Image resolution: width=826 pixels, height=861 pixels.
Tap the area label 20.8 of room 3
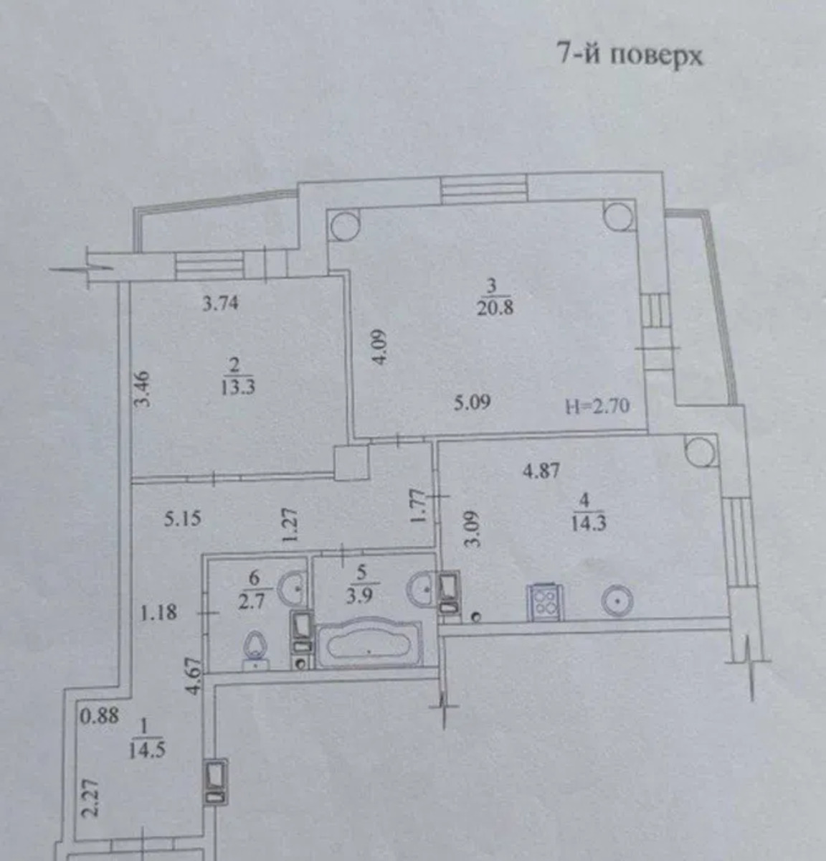coord(495,308)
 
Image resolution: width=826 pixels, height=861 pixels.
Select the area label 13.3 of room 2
coord(238,387)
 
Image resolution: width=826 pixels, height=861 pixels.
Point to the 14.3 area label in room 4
coord(588,523)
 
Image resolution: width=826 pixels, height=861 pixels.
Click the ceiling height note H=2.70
coord(598,405)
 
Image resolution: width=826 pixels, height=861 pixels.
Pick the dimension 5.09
coord(473,403)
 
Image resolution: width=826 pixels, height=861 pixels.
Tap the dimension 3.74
coord(220,304)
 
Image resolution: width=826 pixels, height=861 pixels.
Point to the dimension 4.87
coord(541,470)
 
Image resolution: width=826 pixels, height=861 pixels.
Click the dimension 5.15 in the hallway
coord(183,518)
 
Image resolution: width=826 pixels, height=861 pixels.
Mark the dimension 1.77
coord(419,506)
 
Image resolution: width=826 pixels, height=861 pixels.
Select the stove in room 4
coord(545,602)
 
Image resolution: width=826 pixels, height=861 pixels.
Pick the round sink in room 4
coord(619,601)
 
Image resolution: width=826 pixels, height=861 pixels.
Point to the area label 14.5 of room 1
coord(147,750)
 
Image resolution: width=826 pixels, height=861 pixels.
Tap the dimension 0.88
coord(100,715)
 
